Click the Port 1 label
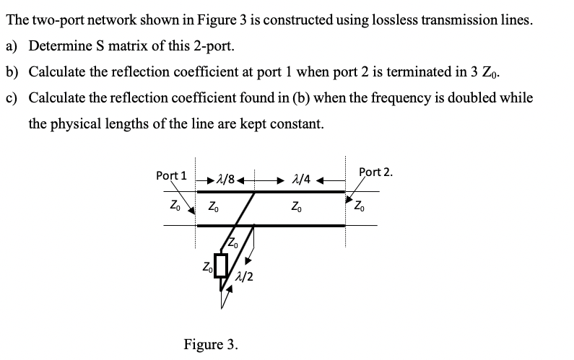171,175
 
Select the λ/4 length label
300,177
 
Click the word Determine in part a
56,46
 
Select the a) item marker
12,46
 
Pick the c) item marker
12,97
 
